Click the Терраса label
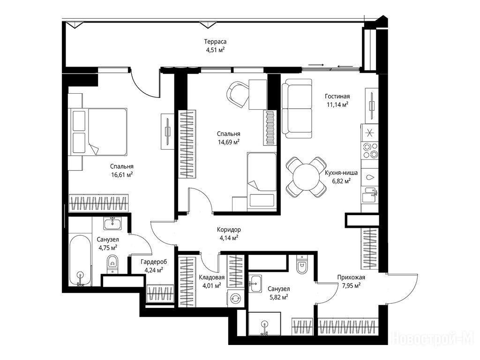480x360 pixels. click(x=215, y=42)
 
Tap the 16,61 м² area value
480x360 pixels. click(x=122, y=175)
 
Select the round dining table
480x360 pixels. click(x=306, y=177)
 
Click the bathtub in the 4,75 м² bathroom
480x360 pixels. click(x=80, y=261)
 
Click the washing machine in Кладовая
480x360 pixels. click(x=235, y=298)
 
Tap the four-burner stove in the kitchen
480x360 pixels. click(x=370, y=150)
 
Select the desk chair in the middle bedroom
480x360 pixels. click(x=238, y=94)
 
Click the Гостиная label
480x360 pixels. click(x=337, y=97)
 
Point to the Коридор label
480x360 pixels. click(x=229, y=229)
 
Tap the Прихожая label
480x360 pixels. click(x=351, y=277)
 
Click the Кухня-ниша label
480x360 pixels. click(x=341, y=172)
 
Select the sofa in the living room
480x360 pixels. click(x=297, y=108)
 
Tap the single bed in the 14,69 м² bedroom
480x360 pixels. click(x=262, y=180)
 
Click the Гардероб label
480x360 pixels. click(x=154, y=262)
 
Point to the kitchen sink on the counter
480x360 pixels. click(x=370, y=194)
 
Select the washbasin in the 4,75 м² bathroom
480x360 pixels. click(x=112, y=223)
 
